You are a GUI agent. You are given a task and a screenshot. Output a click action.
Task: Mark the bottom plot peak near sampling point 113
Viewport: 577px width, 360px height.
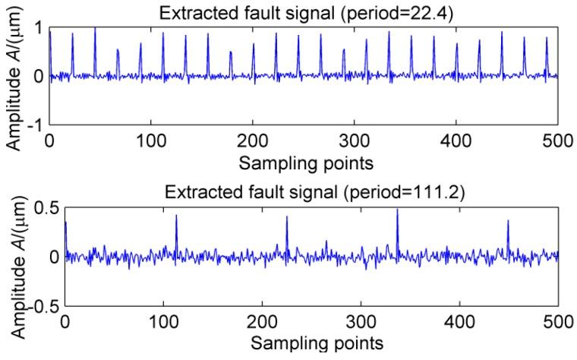[176, 216]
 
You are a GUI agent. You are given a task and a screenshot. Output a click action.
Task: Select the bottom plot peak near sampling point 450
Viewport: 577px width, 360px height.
[508, 222]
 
